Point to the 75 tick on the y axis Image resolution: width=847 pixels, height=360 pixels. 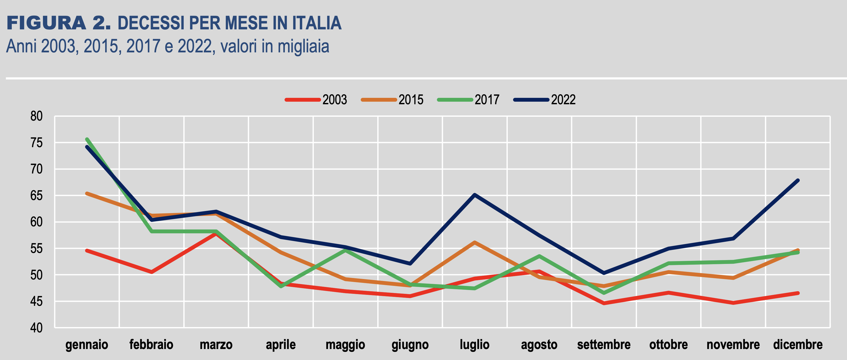click(37, 143)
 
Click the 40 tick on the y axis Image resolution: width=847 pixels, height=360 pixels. click(37, 328)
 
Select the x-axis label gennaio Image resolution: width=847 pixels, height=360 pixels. click(87, 345)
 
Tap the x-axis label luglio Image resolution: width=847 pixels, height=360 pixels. click(475, 345)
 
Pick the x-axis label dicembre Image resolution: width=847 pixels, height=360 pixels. click(798, 345)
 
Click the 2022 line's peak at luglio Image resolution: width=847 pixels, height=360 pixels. click(475, 195)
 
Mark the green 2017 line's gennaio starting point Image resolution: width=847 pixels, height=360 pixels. click(87, 139)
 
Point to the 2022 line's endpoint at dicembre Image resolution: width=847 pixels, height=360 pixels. click(798, 180)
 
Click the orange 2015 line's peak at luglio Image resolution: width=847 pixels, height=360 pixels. click(475, 242)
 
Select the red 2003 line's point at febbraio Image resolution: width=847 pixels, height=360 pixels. click(151, 272)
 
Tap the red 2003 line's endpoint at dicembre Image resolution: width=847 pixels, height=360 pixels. click(798, 293)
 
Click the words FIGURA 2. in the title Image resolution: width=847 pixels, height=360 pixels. click(58, 23)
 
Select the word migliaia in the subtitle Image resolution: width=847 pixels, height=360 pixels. click(303, 46)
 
